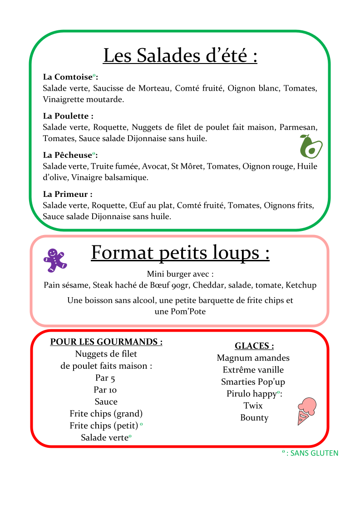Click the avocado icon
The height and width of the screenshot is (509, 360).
pos(311,146)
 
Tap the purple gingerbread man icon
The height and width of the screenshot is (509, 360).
pos(54,260)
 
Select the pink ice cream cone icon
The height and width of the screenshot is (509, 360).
pos(306,411)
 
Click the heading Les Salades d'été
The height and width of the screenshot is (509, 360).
pos(180,56)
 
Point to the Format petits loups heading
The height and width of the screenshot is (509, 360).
pos(180,253)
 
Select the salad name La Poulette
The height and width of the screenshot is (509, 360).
pos(68,116)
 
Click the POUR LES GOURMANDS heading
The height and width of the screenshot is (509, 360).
pos(106,342)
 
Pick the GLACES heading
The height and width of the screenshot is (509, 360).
pos(254,346)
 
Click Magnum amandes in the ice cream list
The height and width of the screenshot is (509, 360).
pos(253,358)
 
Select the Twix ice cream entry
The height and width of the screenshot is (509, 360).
pos(253,406)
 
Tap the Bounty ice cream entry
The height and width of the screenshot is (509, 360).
pos(254,418)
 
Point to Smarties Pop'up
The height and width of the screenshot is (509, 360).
pos(253,382)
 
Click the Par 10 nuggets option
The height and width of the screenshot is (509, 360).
pos(105,390)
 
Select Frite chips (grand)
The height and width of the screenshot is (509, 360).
pos(106,414)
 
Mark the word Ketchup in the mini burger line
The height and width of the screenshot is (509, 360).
pos(301,285)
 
